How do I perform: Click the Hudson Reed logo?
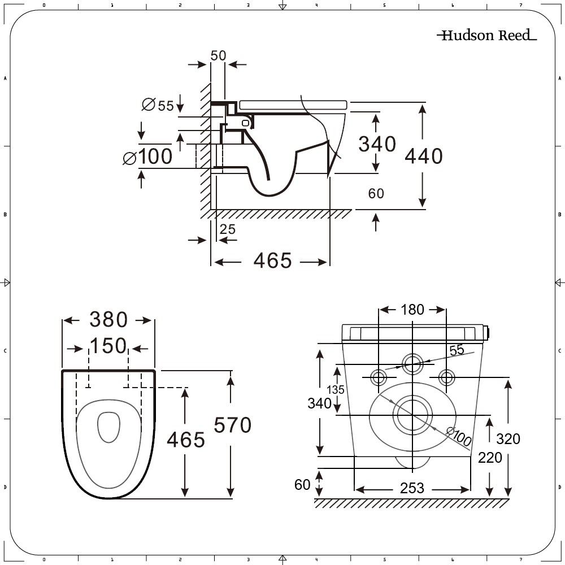[486, 36]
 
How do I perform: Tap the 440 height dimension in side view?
[424, 156]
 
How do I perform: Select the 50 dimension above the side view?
[218, 55]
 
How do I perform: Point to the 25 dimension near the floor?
[227, 229]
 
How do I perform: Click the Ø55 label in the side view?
[158, 106]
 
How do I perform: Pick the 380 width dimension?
[108, 320]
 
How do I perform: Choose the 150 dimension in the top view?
[108, 346]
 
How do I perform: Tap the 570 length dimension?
[232, 425]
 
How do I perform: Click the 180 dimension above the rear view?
[412, 310]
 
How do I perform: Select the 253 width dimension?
[412, 488]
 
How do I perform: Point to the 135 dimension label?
[336, 390]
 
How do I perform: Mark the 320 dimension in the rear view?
[508, 438]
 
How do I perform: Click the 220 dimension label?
[490, 457]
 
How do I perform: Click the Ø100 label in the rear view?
[459, 436]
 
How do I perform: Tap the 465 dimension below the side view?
[272, 261]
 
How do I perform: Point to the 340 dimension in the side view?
[377, 144]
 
